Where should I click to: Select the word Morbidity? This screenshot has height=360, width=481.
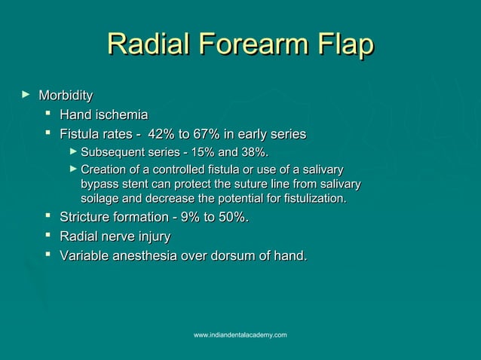coord(66,96)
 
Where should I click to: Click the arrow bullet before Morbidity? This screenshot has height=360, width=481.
coord(26,95)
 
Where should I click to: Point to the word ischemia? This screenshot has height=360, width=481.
coord(120,115)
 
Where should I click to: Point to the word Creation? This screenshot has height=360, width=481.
coord(103,169)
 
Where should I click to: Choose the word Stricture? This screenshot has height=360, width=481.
coord(87,218)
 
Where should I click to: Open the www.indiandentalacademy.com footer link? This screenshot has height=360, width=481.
coord(240,334)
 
